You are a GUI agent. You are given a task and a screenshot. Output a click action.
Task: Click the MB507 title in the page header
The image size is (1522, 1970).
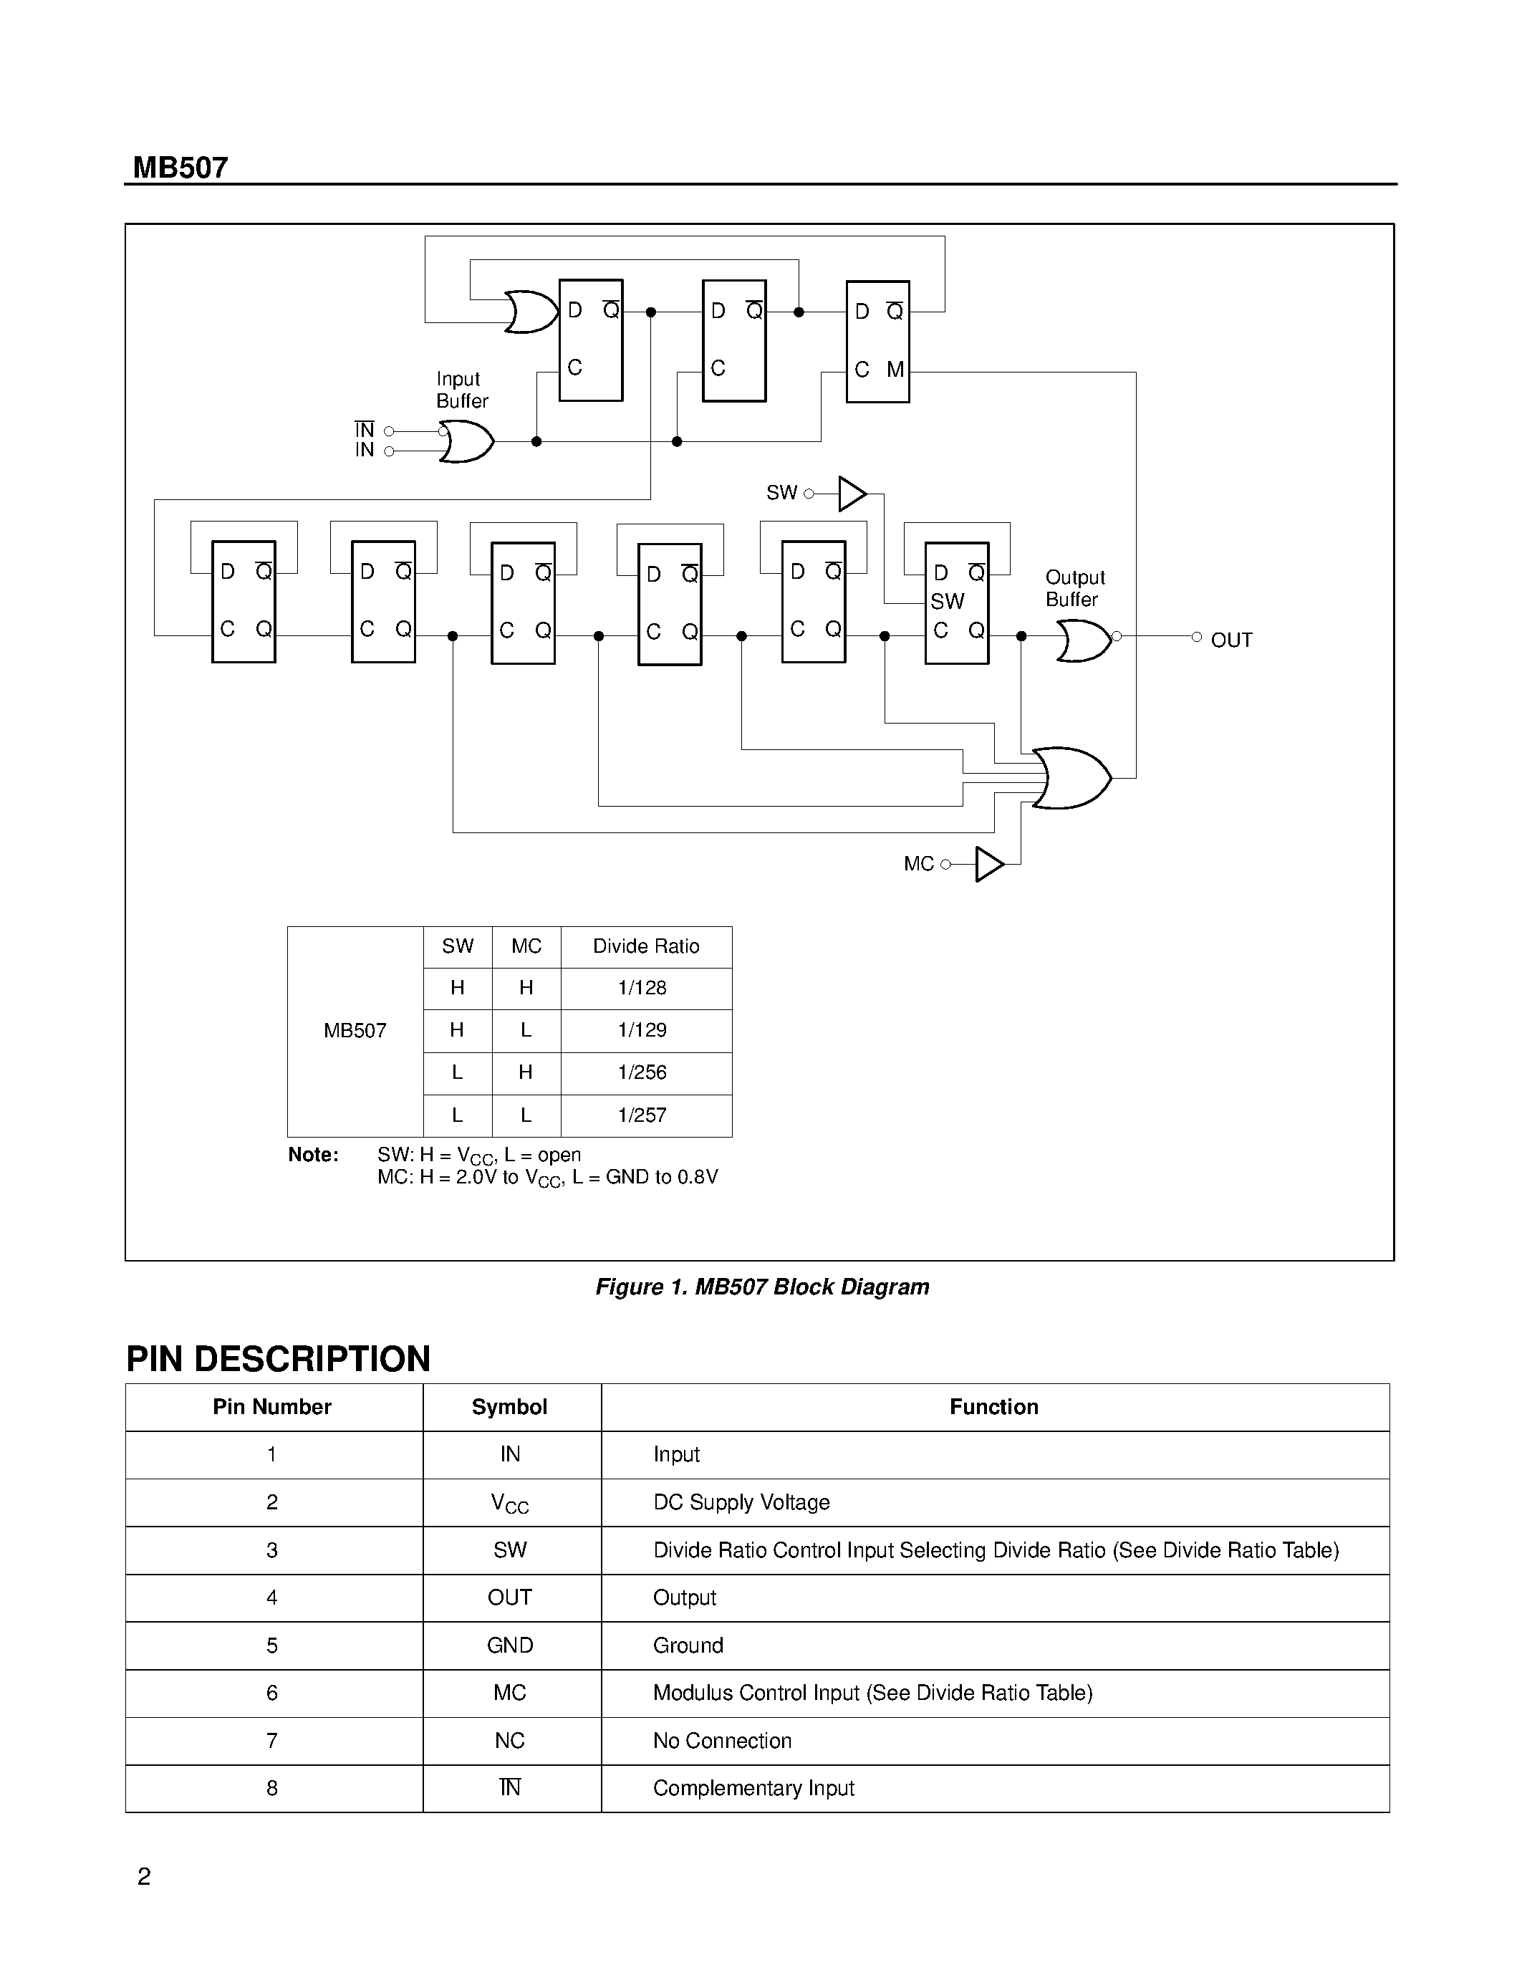click(x=180, y=168)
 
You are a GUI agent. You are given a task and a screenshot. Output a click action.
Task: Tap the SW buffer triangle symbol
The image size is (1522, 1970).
click(x=851, y=494)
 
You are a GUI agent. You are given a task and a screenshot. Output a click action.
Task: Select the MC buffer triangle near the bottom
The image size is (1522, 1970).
click(x=989, y=864)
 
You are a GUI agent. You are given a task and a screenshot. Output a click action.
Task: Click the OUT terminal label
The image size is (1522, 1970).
click(x=1230, y=640)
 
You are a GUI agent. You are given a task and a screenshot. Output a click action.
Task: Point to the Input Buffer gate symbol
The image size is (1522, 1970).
click(x=466, y=442)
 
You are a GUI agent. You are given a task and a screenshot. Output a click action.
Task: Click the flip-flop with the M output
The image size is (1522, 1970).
click(x=877, y=341)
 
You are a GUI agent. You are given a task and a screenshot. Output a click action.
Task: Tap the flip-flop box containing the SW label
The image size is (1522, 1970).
click(x=957, y=602)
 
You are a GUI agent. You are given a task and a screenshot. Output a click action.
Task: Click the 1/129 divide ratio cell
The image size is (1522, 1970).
click(x=642, y=1030)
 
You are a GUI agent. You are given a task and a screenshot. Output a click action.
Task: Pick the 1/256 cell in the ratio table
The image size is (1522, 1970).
click(x=642, y=1072)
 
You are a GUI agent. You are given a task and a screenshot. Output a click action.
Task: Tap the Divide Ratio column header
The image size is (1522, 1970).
click(x=645, y=946)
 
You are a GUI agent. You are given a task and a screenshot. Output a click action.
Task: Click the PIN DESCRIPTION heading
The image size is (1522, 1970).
click(x=279, y=1360)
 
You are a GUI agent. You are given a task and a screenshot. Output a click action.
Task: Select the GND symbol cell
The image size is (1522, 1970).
click(x=509, y=1645)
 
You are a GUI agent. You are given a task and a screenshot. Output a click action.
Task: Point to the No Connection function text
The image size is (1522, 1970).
click(x=722, y=1741)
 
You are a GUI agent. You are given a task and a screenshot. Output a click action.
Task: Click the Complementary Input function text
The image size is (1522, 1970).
click(x=753, y=1788)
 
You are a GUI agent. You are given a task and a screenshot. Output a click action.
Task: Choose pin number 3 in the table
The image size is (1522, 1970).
click(x=272, y=1549)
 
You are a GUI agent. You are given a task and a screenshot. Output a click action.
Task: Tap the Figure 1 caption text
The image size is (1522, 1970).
click(x=762, y=1287)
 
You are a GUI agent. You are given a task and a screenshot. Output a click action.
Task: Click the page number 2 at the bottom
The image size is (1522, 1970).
click(x=144, y=1876)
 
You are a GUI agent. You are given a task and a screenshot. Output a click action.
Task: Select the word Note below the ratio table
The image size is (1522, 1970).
click(x=313, y=1155)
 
